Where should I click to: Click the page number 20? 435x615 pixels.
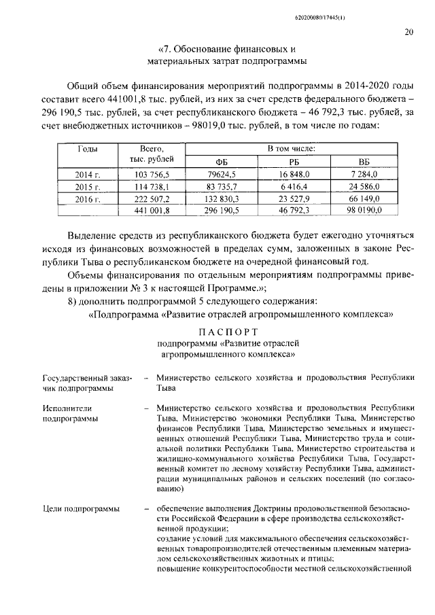click(x=408, y=31)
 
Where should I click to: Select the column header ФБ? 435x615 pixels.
click(x=221, y=162)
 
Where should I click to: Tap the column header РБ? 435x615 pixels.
click(x=294, y=162)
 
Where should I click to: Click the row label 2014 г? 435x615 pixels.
click(x=87, y=174)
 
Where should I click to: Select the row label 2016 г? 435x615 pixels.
click(x=87, y=198)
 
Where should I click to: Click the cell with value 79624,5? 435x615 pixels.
click(x=221, y=174)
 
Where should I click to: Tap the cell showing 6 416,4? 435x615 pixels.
click(x=294, y=186)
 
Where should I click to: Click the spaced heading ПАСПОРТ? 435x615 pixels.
click(x=228, y=332)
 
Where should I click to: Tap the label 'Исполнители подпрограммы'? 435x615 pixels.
click(x=69, y=413)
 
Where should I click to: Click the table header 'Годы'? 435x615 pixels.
click(x=87, y=147)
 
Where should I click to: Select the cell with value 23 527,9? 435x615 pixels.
click(x=294, y=198)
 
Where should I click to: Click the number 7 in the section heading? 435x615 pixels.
click(x=163, y=50)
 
